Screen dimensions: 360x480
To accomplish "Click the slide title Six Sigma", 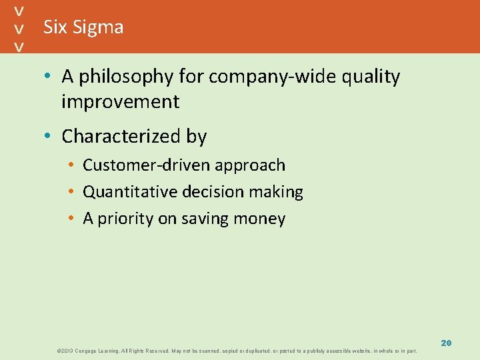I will [83, 27].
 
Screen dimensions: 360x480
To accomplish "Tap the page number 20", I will [446, 343].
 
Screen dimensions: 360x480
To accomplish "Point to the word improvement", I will [120, 102].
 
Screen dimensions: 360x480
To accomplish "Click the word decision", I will [214, 192].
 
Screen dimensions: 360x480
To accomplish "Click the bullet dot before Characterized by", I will [49, 137].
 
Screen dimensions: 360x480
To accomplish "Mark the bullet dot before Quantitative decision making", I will [71, 192].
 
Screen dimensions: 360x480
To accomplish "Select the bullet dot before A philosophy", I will [49, 77].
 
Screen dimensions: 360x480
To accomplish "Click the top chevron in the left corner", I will [21, 11].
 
